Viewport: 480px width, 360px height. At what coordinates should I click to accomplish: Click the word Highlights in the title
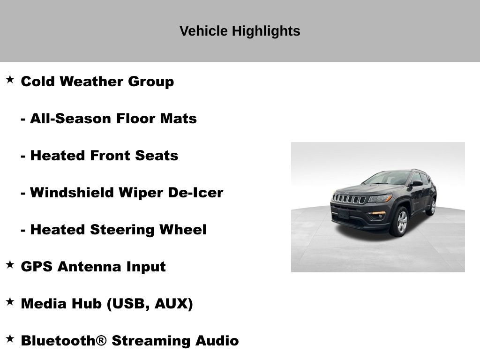pyautogui.click(x=266, y=31)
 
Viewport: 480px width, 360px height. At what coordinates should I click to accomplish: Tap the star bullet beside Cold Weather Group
pyautogui.click(x=10, y=80)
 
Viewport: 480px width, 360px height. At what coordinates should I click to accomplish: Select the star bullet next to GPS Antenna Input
pyautogui.click(x=10, y=264)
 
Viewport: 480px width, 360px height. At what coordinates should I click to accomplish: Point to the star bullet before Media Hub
pyautogui.click(x=10, y=301)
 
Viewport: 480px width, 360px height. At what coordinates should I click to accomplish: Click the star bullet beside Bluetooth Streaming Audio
pyautogui.click(x=10, y=338)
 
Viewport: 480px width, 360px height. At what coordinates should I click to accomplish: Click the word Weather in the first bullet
pyautogui.click(x=91, y=82)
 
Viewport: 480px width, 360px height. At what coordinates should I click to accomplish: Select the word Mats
pyautogui.click(x=179, y=119)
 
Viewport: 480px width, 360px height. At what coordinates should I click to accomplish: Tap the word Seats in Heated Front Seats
pyautogui.click(x=157, y=156)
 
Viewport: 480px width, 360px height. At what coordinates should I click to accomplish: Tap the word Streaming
pyautogui.click(x=151, y=341)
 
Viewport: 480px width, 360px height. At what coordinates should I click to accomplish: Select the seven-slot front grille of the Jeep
pyautogui.click(x=348, y=199)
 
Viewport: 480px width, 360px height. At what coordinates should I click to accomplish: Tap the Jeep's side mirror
pyautogui.click(x=417, y=183)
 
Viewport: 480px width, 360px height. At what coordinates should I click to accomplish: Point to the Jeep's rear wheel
pyautogui.click(x=432, y=207)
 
